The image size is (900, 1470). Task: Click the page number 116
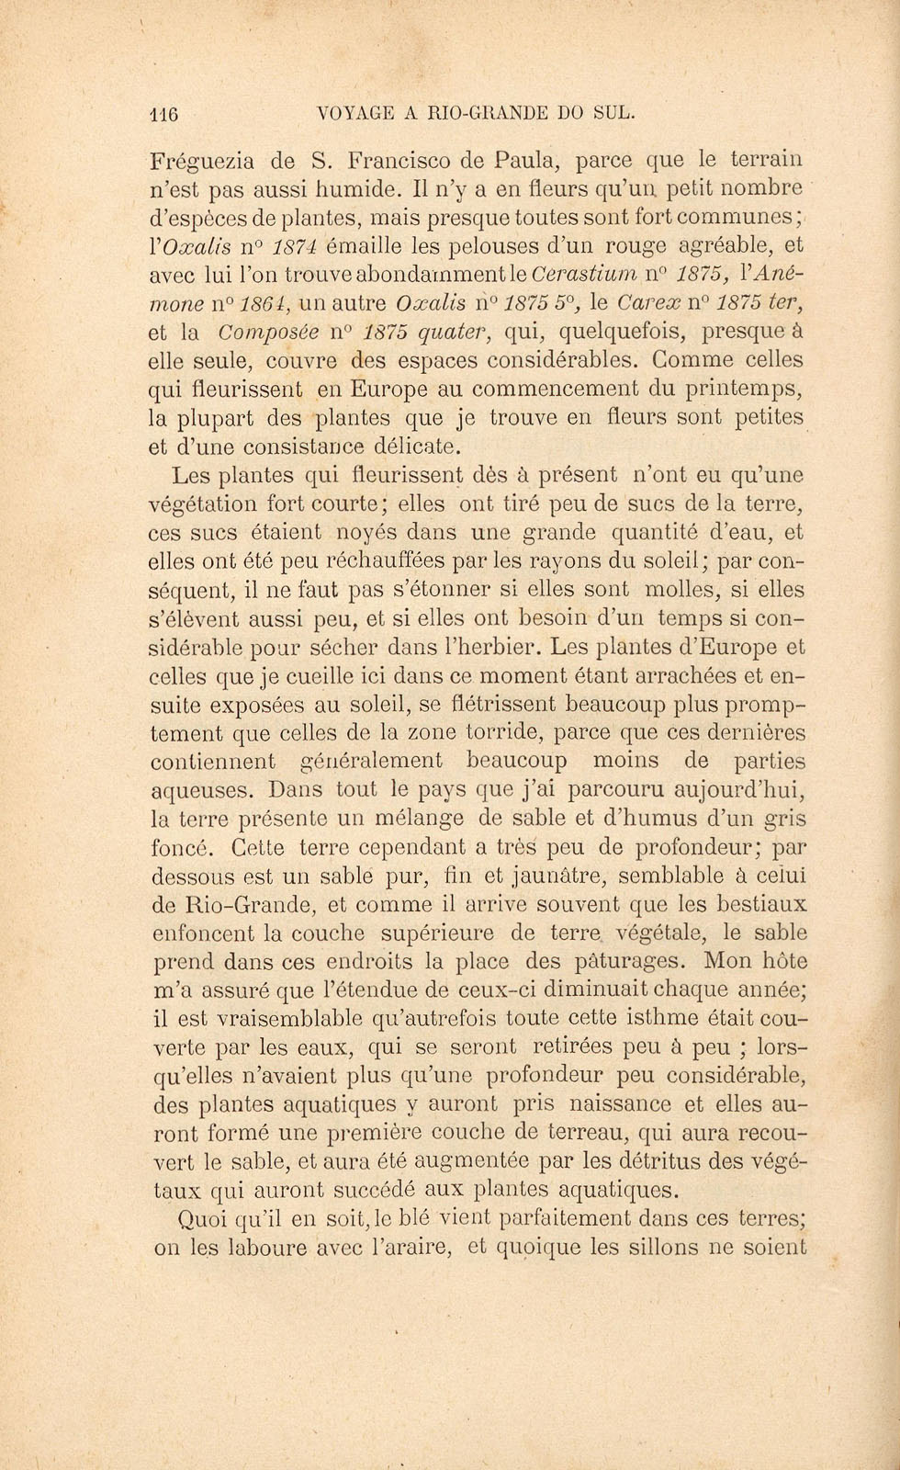163,114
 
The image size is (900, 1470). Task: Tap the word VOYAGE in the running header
353,114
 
